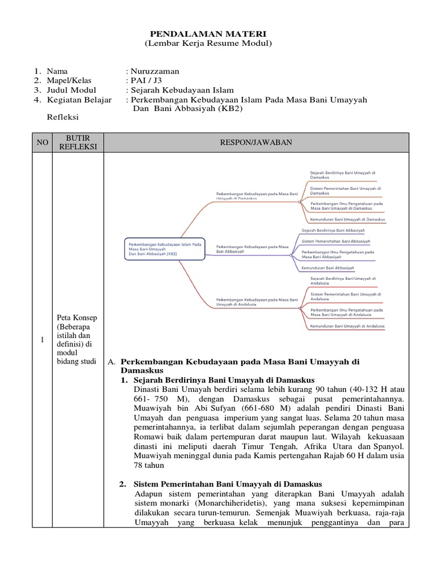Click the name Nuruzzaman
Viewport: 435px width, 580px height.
(x=154, y=71)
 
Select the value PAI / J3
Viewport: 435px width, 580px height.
(x=143, y=80)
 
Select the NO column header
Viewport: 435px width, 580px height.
(x=42, y=143)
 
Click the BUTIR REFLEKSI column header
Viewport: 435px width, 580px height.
(x=78, y=143)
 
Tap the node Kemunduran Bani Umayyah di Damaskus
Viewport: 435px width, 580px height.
(x=347, y=219)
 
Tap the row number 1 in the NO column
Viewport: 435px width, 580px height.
(x=42, y=339)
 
